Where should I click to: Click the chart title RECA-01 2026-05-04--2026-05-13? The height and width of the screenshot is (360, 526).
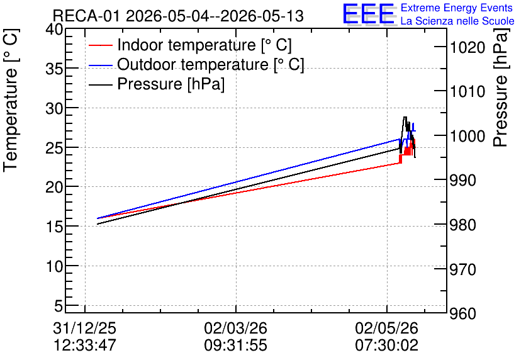[x=178, y=16]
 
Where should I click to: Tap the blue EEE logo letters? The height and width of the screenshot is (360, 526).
[x=369, y=14]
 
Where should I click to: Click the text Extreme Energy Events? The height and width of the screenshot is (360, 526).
[x=457, y=8]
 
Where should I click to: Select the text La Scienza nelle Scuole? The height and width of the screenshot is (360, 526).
[x=457, y=21]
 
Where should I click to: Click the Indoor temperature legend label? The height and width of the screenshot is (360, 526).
[x=204, y=45]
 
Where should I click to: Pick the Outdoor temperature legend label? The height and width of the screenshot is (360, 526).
[x=211, y=64]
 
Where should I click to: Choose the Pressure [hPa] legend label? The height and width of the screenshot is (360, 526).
[x=171, y=84]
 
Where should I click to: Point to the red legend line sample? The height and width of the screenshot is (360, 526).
[x=100, y=45]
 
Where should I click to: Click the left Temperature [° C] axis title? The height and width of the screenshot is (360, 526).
[x=11, y=100]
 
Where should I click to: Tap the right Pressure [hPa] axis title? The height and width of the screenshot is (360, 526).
[x=501, y=87]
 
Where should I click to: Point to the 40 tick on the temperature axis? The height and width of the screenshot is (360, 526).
[x=54, y=30]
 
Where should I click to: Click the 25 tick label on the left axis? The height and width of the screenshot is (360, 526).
[x=54, y=148]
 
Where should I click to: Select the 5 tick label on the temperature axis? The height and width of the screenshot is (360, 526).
[x=59, y=306]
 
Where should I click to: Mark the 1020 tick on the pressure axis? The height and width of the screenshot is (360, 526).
[x=467, y=47]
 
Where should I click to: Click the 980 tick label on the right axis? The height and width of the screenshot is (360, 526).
[x=463, y=225]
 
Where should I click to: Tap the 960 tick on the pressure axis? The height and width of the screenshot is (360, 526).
[x=463, y=313]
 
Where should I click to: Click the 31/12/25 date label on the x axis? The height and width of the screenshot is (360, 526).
[x=84, y=328]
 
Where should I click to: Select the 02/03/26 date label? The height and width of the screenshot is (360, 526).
[x=236, y=328]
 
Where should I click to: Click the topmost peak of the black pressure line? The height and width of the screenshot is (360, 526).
[x=405, y=117]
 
